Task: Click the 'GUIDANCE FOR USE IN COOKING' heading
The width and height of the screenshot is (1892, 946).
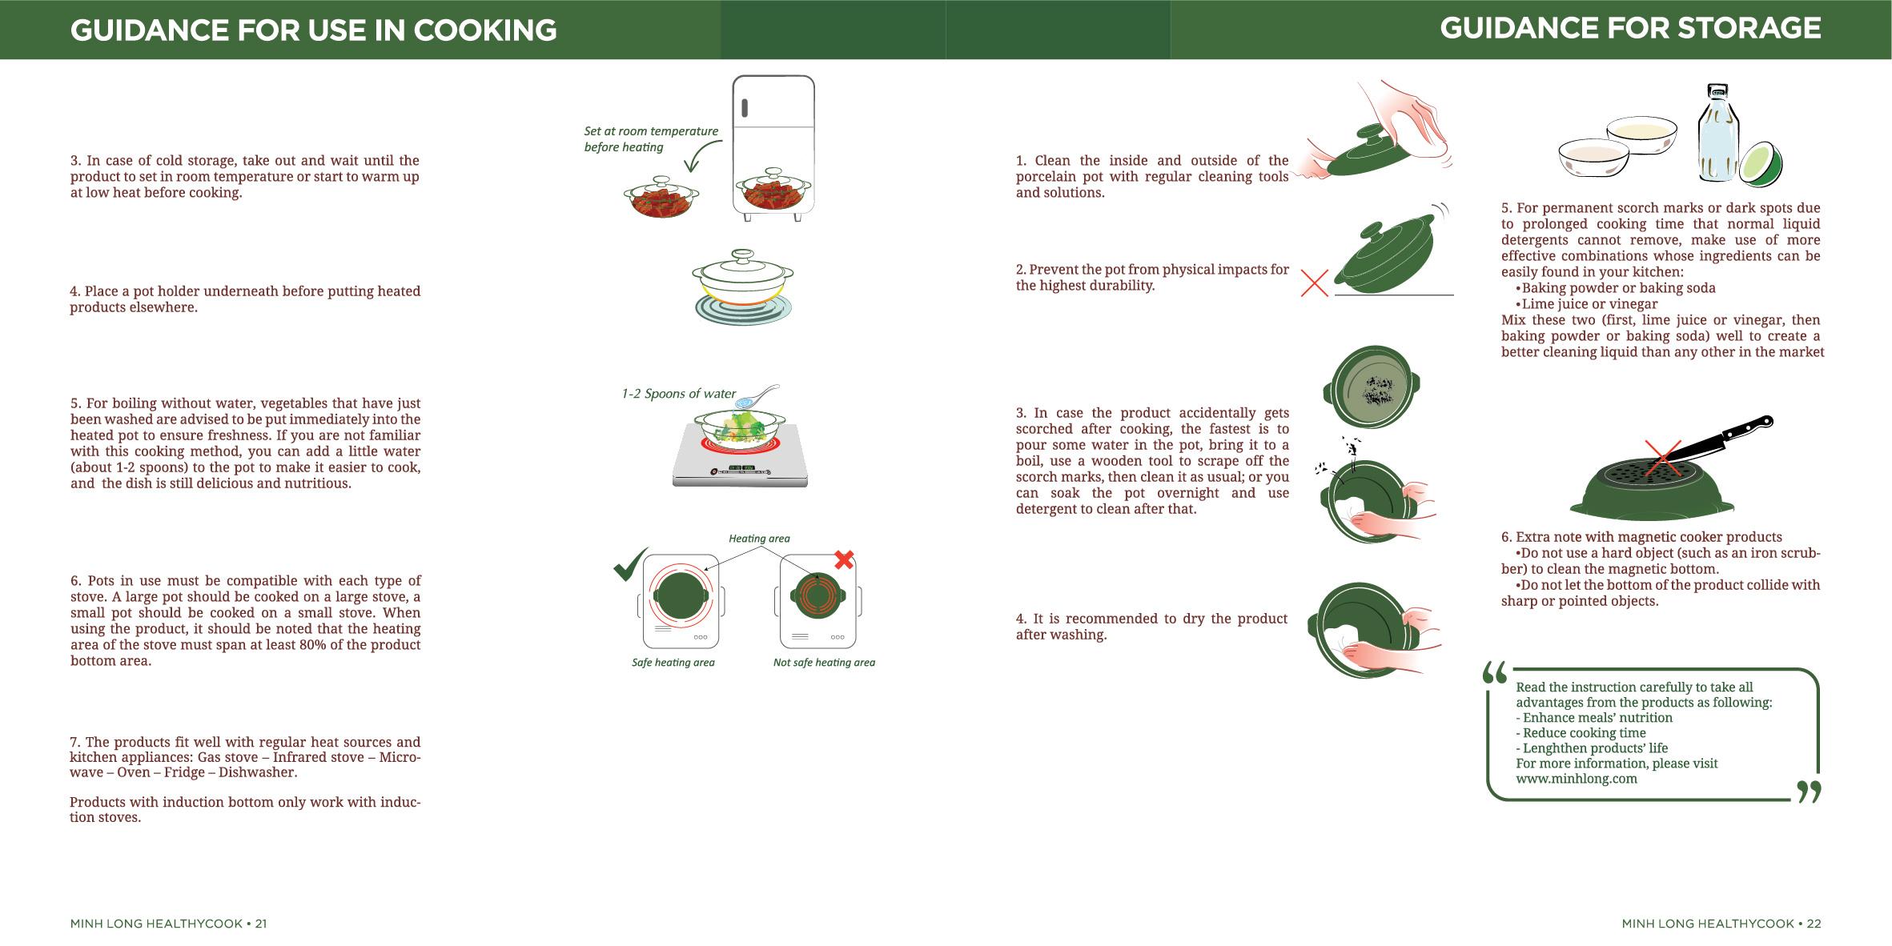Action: pos(313,30)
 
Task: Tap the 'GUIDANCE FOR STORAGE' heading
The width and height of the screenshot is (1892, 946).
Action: pos(1630,29)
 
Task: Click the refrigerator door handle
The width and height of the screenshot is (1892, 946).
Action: pos(745,107)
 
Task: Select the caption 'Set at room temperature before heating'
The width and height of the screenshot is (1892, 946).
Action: pos(651,139)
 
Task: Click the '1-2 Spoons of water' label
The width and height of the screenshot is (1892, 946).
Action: pos(678,394)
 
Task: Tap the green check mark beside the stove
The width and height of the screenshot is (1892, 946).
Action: pos(631,563)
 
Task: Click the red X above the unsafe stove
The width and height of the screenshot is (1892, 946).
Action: pos(844,559)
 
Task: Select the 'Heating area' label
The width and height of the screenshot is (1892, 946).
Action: pos(759,539)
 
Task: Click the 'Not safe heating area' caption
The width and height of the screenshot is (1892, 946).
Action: pos(824,663)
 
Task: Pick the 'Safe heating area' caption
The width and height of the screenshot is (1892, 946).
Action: pos(673,663)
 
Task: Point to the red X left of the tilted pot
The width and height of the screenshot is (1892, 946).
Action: pos(1315,283)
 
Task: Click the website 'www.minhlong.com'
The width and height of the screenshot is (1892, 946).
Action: pos(1577,779)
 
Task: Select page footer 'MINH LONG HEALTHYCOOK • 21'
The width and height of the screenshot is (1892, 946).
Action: pos(168,924)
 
